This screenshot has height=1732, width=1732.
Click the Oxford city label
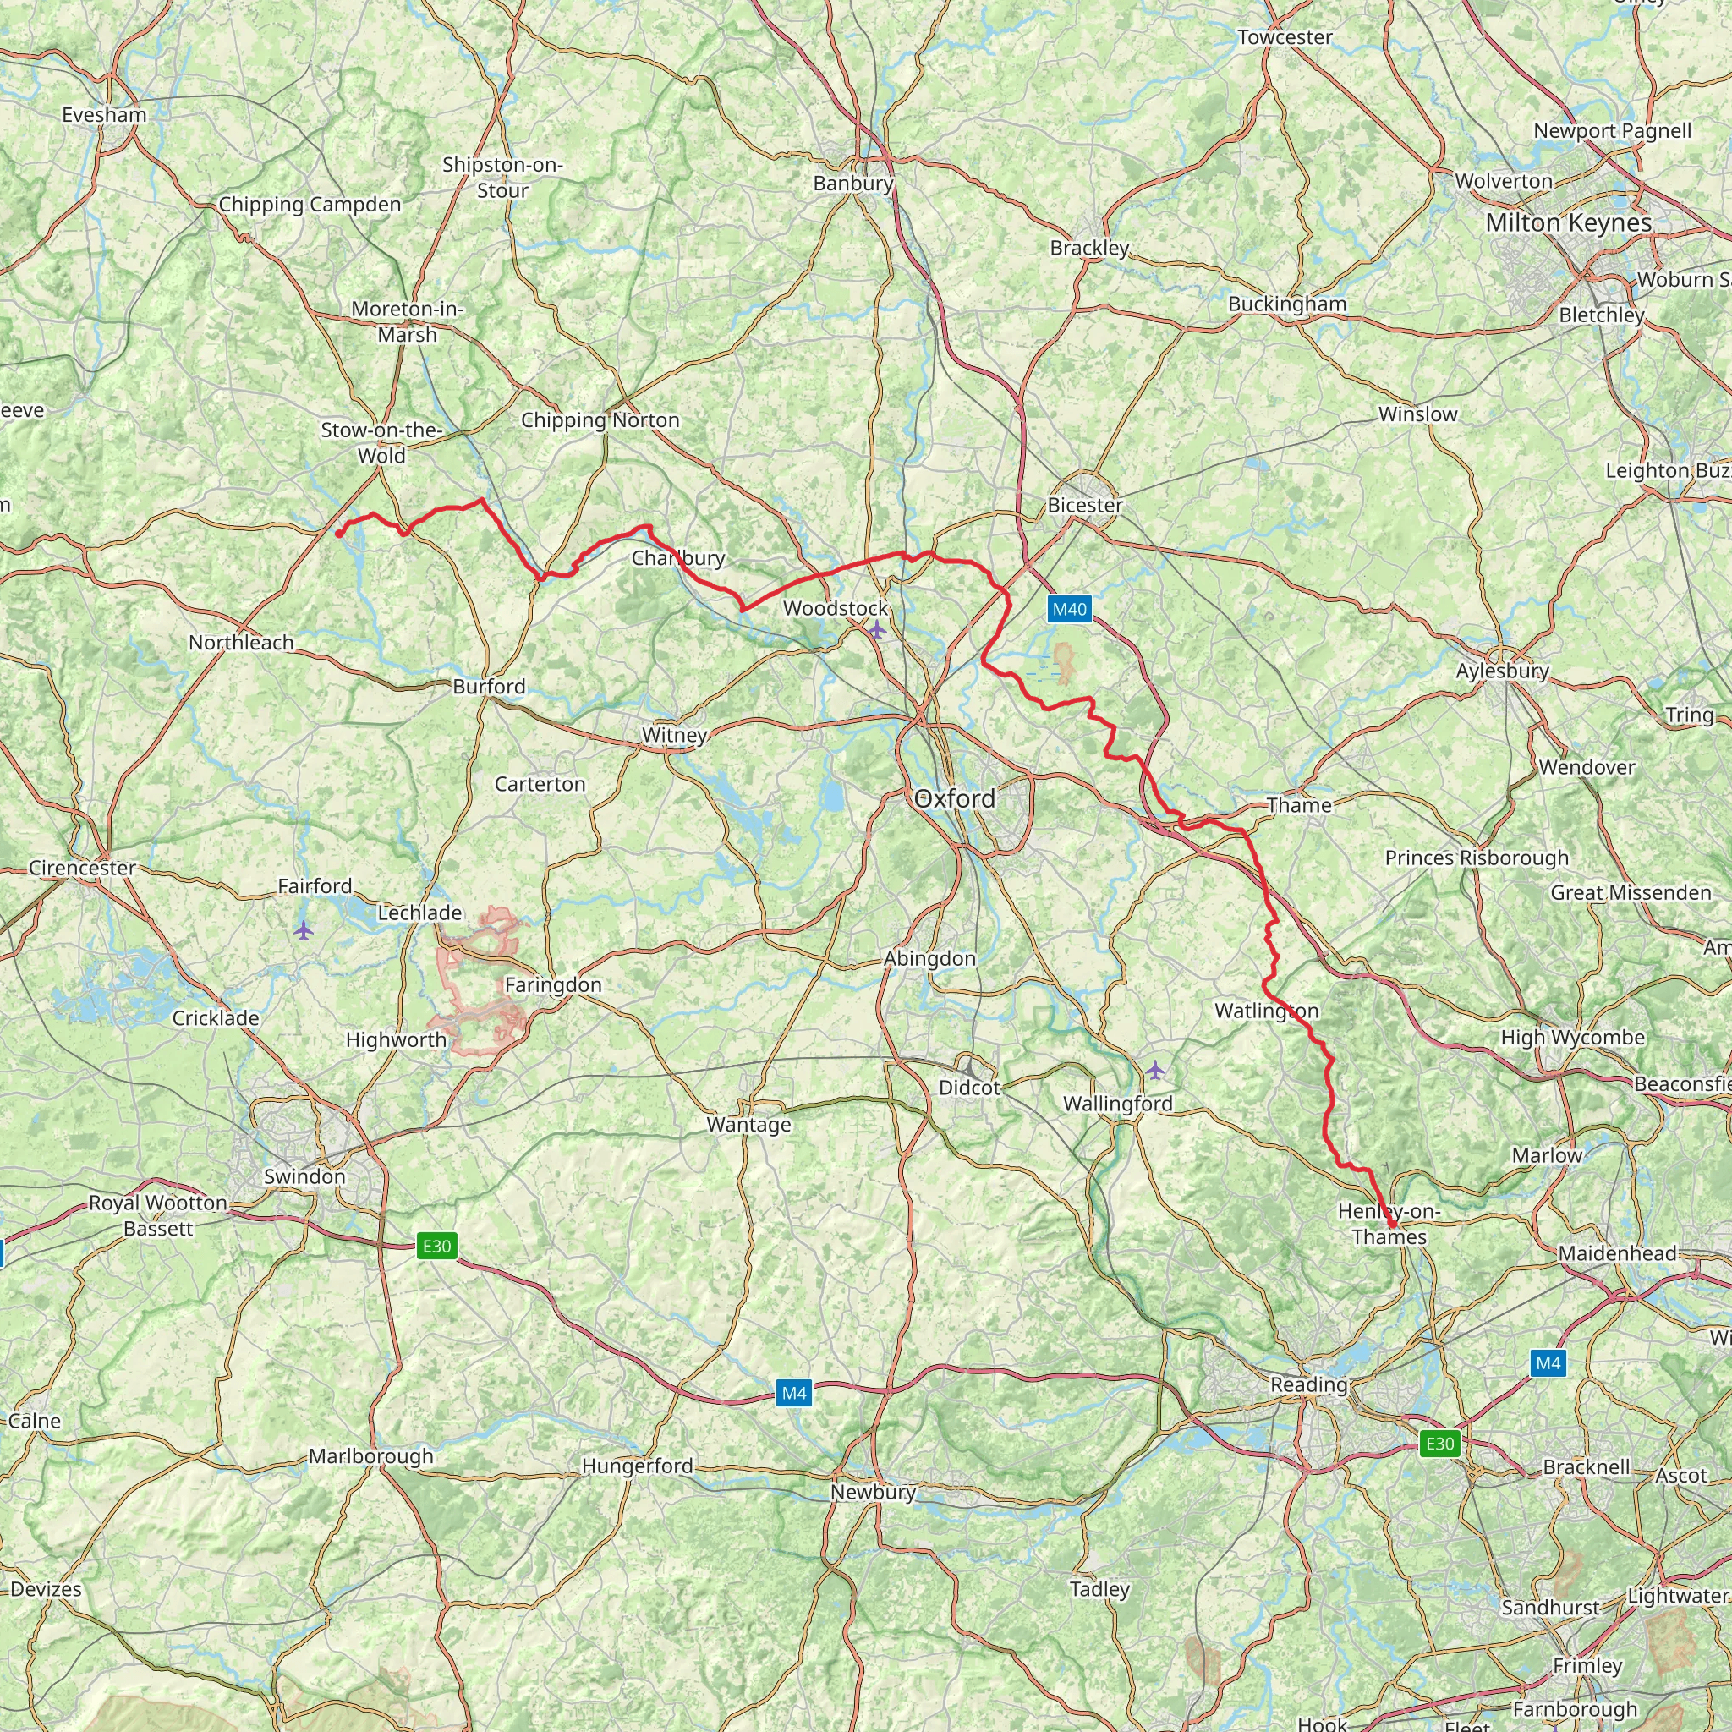click(x=954, y=798)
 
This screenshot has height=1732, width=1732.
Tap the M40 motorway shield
click(x=1069, y=610)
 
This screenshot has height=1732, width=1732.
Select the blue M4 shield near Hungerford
click(x=793, y=1393)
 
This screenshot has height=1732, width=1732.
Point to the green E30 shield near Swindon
click(x=436, y=1246)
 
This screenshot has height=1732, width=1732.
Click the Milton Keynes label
click(x=1568, y=223)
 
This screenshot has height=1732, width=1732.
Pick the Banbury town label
click(x=852, y=184)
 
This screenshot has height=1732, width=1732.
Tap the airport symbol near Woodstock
click(x=877, y=630)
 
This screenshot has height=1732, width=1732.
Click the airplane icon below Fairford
click(x=304, y=930)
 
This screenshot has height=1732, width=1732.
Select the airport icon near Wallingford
click(x=1155, y=1070)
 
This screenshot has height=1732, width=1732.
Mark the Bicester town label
click(x=1085, y=506)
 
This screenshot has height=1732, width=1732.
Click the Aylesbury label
click(x=1503, y=671)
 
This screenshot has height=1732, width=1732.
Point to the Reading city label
click(x=1309, y=1385)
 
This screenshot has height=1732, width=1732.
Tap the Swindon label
click(x=304, y=1176)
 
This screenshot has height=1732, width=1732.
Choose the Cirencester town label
click(x=83, y=868)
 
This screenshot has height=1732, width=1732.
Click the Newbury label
click(x=872, y=1492)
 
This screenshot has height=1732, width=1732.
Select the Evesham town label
click(x=104, y=115)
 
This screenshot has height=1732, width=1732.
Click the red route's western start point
click(x=339, y=534)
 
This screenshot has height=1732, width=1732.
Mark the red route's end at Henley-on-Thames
click(x=1392, y=1224)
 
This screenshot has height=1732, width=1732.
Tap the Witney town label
click(x=674, y=735)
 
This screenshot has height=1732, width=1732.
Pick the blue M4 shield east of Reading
click(x=1548, y=1363)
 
